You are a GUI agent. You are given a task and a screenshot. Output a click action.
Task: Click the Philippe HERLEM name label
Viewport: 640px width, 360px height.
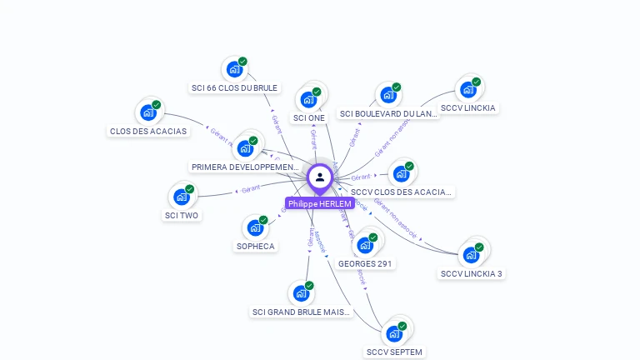319,203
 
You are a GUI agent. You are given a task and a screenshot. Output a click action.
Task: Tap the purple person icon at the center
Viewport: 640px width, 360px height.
319,177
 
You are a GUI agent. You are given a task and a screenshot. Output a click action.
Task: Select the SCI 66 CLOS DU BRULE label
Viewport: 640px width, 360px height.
234,87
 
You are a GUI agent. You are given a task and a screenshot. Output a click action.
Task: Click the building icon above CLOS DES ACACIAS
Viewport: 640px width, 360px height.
148,112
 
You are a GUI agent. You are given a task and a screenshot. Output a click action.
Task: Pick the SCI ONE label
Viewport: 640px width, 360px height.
309,117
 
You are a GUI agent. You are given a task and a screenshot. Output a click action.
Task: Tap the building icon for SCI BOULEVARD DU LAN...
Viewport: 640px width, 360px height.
387,95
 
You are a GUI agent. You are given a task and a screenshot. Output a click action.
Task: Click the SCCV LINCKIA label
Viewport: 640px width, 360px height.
467,107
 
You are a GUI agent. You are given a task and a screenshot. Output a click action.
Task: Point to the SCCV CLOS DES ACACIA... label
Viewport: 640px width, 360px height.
401,192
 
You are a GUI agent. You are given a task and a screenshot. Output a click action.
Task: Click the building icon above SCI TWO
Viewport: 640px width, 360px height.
181,197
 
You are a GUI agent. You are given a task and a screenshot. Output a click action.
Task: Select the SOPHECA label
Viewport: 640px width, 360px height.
255,246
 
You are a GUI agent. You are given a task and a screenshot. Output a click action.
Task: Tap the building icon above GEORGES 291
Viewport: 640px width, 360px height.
365,245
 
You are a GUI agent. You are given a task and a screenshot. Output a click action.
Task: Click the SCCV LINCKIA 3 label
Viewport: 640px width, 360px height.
472,273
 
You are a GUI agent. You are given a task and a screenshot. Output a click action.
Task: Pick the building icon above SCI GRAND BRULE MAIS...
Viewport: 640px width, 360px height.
301,293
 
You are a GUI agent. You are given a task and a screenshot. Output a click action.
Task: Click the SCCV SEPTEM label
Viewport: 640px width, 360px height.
394,352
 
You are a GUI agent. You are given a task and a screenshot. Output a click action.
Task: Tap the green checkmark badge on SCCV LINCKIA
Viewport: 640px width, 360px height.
476,82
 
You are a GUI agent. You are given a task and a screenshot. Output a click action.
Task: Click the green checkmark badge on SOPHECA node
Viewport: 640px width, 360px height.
263,220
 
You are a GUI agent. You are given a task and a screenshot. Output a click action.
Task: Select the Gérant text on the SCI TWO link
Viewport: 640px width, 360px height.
251,187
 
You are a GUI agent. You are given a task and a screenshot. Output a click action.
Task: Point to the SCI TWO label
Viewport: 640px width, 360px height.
182,215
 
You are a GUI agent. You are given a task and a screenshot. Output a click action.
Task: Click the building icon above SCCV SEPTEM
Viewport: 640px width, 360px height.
394,333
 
